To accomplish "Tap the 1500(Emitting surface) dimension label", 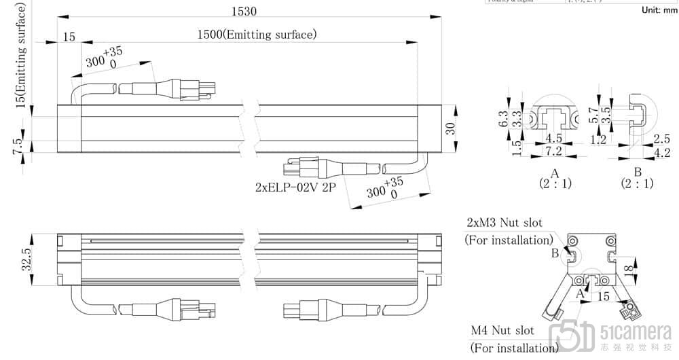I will point(257,35).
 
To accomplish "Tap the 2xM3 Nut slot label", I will point(509,223).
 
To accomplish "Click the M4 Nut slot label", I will point(503,331).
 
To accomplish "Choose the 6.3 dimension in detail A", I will point(504,120).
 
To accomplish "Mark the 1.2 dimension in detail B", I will point(598,140).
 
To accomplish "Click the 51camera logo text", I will point(636,331).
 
